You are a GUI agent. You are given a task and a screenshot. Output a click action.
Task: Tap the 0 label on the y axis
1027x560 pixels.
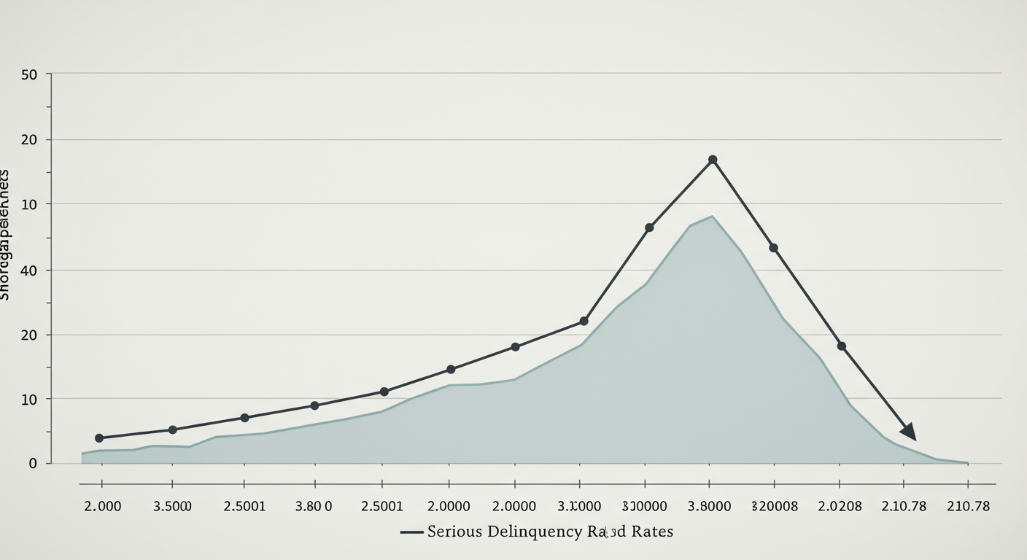pos(33,463)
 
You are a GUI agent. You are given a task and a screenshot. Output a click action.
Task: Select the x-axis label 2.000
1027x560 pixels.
pos(103,506)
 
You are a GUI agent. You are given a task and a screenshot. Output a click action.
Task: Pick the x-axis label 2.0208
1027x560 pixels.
pos(840,506)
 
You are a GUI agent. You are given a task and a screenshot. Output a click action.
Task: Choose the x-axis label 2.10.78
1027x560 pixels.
pos(903,506)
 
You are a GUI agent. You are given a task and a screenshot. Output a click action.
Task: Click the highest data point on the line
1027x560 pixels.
pos(713,160)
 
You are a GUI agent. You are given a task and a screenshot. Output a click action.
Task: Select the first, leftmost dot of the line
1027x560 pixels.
pos(99,438)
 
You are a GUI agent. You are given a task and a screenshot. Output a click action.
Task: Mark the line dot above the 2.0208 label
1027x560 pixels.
pos(842,346)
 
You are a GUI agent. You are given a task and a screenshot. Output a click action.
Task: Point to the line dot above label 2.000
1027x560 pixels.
pos(99,438)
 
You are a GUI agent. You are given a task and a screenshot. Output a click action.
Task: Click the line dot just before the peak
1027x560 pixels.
pos(649,227)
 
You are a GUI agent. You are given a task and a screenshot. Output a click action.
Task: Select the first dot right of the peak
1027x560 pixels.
pos(773,248)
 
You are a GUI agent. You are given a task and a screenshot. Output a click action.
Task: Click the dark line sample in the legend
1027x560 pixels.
pos(412,532)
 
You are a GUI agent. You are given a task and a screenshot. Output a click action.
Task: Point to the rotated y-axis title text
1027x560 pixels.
pos(4,235)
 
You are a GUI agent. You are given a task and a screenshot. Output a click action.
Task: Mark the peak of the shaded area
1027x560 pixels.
pos(711,216)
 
